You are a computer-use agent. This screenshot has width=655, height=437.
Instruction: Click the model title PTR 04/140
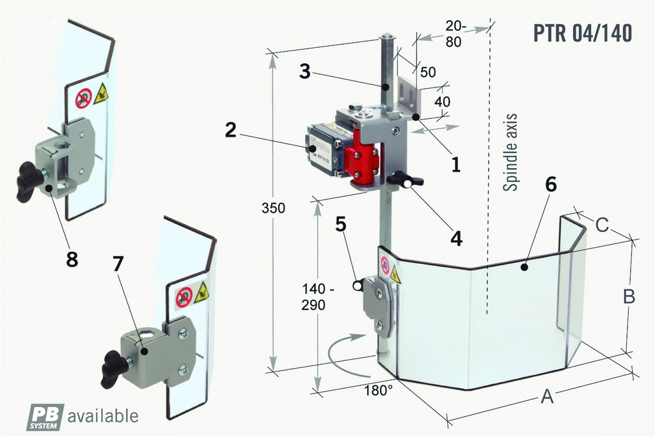pos(583,33)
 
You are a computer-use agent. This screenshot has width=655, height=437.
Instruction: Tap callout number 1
pos(455,164)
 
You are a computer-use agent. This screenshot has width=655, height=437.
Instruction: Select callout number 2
pos(231,130)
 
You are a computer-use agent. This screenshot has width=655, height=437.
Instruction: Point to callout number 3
pos(305,72)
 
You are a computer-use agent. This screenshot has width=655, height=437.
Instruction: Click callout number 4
pos(455,238)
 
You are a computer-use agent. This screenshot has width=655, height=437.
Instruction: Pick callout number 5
pos(341,224)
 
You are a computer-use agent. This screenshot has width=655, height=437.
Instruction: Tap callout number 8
pos(72,259)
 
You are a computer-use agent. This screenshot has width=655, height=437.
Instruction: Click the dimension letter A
pos(546,397)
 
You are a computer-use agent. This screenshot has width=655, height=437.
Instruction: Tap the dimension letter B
pos(629,296)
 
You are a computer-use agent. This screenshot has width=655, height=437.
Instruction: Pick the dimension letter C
pos(602,224)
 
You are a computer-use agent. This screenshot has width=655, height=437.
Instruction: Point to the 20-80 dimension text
pos(457,34)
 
